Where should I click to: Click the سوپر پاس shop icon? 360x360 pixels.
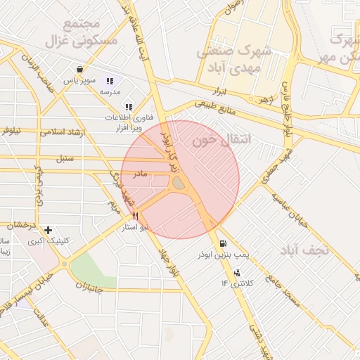coord(81,70)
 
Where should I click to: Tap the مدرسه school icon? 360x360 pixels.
coord(110,81)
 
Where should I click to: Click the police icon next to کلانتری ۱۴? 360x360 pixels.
coord(236,272)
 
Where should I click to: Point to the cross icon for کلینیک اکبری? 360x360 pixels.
coord(48,230)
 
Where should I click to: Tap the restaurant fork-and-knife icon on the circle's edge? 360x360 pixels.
coord(134,217)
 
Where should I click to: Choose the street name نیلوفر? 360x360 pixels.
coord(11,130)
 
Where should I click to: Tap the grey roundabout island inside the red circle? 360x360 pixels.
coord(179,184)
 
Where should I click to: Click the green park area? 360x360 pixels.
coord(92,266)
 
